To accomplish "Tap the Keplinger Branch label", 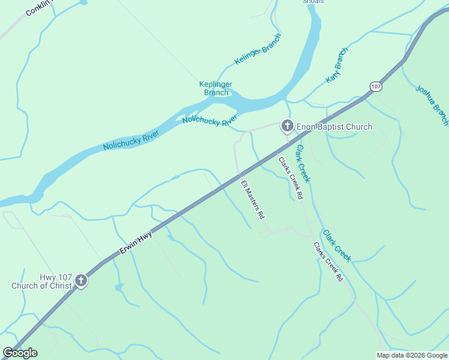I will coord(216,88).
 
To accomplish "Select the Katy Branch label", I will coord(337,65).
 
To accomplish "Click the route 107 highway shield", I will coord(376,86).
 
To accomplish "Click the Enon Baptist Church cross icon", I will coord(287,126).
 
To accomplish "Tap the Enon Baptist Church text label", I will coord(334,127).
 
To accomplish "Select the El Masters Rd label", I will coord(253,199).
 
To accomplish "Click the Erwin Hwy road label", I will coord(136,243).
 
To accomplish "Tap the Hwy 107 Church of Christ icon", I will coord(81,280).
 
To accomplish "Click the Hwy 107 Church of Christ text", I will coord(41,281).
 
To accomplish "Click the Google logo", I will coord(20,353).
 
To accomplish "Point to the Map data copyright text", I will coord(412,355).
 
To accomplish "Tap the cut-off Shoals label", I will coord(313,2).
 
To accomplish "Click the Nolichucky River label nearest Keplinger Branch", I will coord(209,121).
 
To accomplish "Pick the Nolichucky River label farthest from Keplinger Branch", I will coord(130,139).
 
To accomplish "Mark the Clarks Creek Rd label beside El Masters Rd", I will coord(291,178).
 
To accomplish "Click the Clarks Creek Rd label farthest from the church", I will coord(328,262).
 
